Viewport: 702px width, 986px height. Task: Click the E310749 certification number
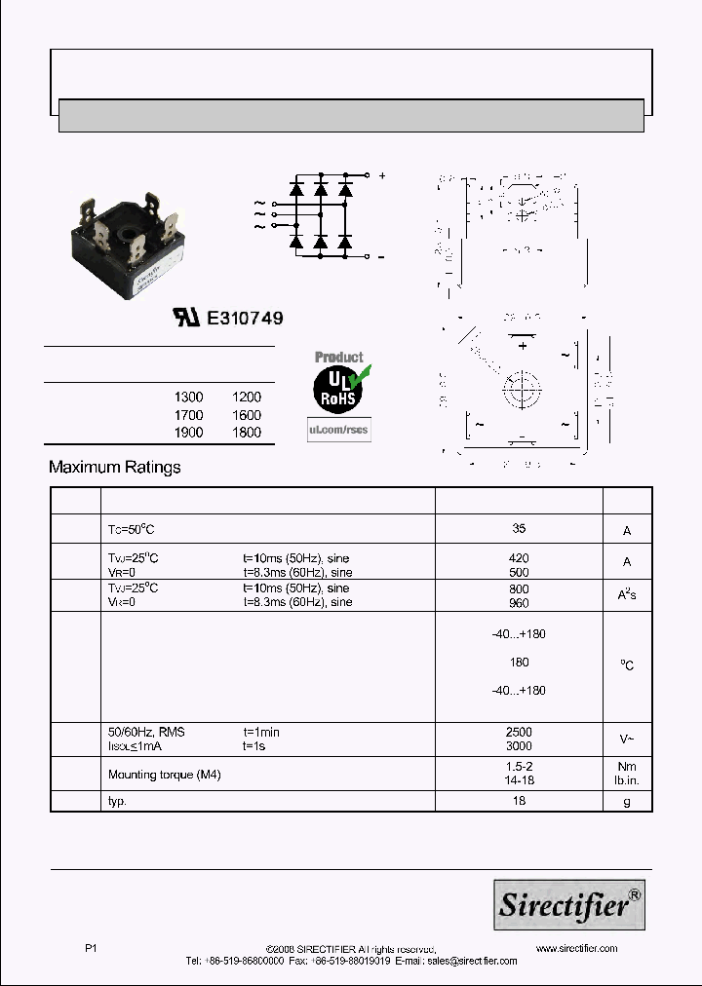click(x=244, y=318)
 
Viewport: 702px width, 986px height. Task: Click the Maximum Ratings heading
click(x=115, y=468)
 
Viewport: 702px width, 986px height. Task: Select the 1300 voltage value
click(x=188, y=398)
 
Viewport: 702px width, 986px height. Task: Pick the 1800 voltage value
click(x=247, y=433)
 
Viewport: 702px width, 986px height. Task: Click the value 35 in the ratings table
click(x=519, y=528)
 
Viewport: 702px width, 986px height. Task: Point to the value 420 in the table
click(x=519, y=558)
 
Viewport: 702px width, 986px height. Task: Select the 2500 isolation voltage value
click(x=519, y=732)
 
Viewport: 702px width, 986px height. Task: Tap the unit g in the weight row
click(x=627, y=801)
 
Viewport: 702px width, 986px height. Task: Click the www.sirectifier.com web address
click(x=576, y=948)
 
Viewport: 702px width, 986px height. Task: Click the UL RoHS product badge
click(x=337, y=384)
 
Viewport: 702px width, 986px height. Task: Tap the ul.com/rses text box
click(x=338, y=429)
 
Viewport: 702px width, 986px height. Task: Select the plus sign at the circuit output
click(x=382, y=176)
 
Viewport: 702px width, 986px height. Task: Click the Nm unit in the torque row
click(x=627, y=768)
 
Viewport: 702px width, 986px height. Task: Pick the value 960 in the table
click(x=519, y=603)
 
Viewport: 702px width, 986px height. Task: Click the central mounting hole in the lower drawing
click(x=523, y=393)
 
